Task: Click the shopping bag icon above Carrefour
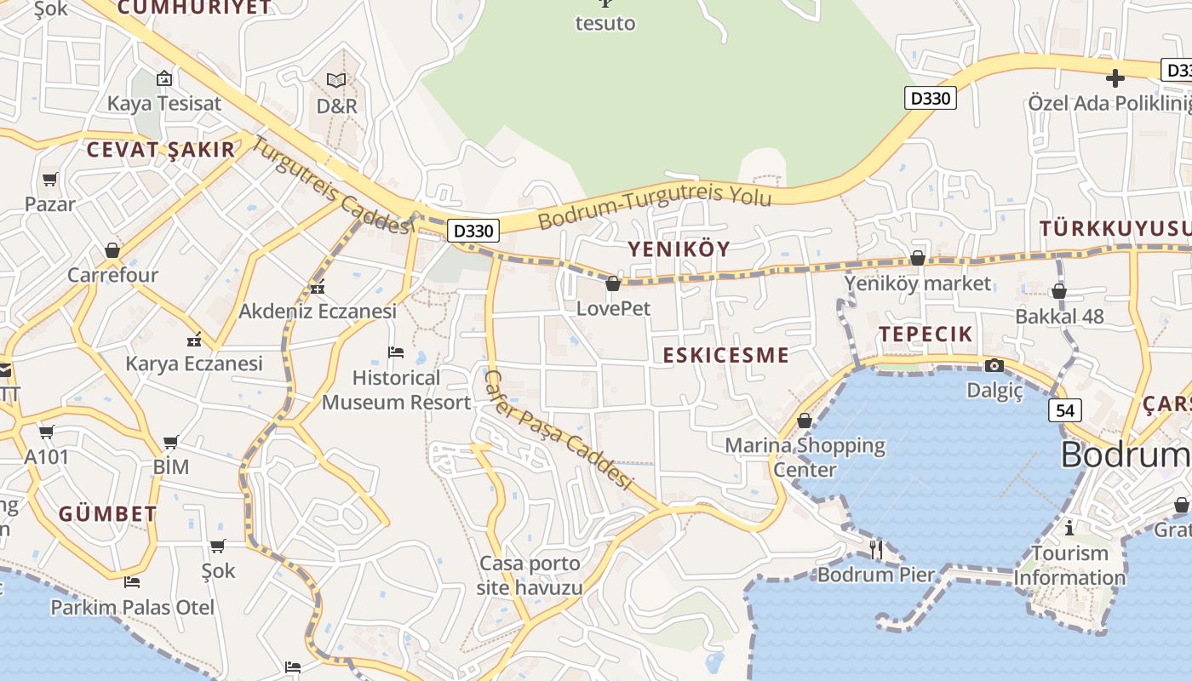[x=112, y=250]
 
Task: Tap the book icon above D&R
[x=336, y=80]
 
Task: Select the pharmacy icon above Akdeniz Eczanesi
[x=318, y=288]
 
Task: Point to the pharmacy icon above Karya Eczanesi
[x=195, y=340]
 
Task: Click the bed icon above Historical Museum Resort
[x=396, y=352]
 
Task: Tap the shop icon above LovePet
[x=613, y=283]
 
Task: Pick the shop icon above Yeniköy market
[x=918, y=257]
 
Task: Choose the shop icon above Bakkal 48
[x=1059, y=292]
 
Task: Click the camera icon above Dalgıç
[x=994, y=366]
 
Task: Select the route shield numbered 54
[x=1065, y=410]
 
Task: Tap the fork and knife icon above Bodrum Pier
[x=876, y=549]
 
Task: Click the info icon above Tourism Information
[x=1069, y=528]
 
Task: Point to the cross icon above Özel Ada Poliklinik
[x=1115, y=79]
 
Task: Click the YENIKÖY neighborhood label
[x=679, y=249]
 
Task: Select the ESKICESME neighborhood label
[x=726, y=355]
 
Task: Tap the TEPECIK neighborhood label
[x=926, y=334]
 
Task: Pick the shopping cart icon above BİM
[x=171, y=442]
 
